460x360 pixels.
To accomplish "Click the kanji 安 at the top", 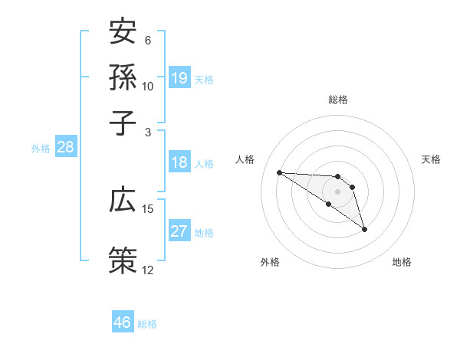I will pyautogui.click(x=123, y=34).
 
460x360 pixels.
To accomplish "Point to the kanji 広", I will pyautogui.click(x=123, y=201).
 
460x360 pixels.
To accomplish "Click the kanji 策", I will pyautogui.click(x=123, y=259).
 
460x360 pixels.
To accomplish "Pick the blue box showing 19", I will pyautogui.click(x=179, y=77).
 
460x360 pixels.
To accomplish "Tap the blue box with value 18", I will pyautogui.click(x=179, y=162).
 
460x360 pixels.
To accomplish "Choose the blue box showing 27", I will pyautogui.click(x=179, y=231).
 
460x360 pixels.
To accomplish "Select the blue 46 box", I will pyautogui.click(x=123, y=322).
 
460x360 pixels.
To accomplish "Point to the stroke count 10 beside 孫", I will pyautogui.click(x=147, y=85).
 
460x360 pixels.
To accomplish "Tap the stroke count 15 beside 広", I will pyautogui.click(x=147, y=208).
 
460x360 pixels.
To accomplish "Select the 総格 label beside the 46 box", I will pyautogui.click(x=147, y=324).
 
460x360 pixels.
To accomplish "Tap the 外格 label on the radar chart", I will pyautogui.click(x=270, y=262).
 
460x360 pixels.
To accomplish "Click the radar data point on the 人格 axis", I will pyautogui.click(x=279, y=172).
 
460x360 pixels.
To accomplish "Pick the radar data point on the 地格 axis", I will pyautogui.click(x=364, y=229).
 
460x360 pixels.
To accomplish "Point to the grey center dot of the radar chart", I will pyautogui.click(x=337, y=191).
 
